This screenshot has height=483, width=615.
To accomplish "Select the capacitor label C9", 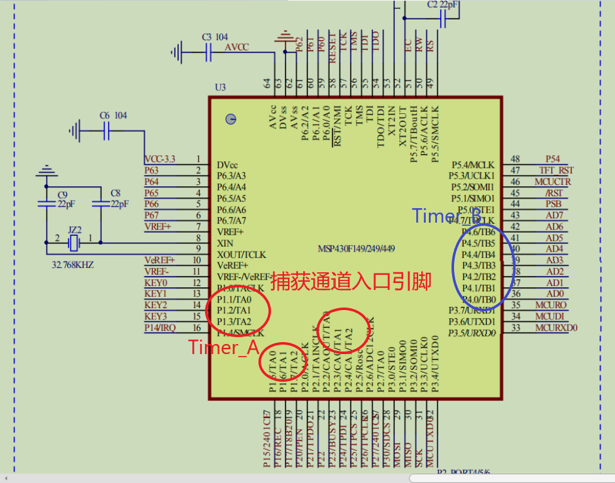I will pos(62,194).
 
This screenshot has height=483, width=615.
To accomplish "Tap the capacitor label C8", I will pos(115,194).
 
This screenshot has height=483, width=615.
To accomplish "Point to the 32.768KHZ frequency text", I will pos(72,265).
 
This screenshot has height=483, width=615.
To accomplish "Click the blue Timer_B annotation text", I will pos(446,216).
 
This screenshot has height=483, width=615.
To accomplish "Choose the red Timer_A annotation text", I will pos(224,348).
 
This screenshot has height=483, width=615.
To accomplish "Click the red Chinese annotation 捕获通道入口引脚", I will pos(351,282).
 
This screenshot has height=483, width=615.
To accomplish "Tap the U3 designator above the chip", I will pos(220,87).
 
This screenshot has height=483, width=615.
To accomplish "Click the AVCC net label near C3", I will pos(237,47).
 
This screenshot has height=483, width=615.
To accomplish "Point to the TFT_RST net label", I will pos(556,170).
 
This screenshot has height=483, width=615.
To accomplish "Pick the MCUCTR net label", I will pos(553,182).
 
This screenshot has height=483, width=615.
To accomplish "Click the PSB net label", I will pos(553,204).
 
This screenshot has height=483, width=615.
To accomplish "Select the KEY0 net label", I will pos(155,283).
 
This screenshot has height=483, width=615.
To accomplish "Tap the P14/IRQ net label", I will pos(160,328).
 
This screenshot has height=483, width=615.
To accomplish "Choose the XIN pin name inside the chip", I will pos(226,243).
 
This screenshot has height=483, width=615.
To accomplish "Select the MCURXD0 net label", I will pos(556,328).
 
